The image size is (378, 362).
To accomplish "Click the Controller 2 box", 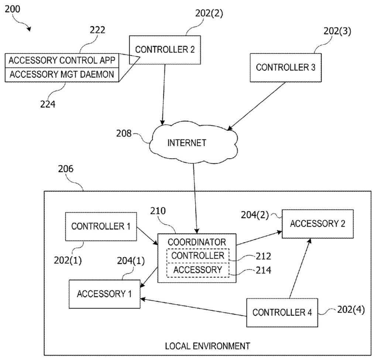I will tap(165, 49).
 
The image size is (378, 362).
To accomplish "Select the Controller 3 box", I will tap(285, 68).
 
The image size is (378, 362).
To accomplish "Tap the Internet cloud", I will tap(187, 143).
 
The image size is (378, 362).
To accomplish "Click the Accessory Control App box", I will tap(62, 60).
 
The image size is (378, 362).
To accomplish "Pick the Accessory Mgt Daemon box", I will tap(62, 75).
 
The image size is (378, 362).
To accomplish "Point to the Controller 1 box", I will tap(101, 226).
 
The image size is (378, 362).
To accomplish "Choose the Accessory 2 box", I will tap(317, 224).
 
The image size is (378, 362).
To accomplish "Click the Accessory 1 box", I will tap(104, 294).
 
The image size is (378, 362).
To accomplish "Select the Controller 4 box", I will tap(282, 313).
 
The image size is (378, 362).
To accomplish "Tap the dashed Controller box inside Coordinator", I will tap(198, 255).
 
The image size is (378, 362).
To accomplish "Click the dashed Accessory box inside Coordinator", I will tap(198, 269).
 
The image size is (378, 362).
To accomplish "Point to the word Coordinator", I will tap(197, 242).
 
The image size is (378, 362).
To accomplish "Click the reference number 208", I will tap(124, 133).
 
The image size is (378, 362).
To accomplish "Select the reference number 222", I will tap(97, 30).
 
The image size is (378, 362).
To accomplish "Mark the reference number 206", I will tap(66, 169).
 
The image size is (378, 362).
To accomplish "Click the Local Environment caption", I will tap(207, 346).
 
